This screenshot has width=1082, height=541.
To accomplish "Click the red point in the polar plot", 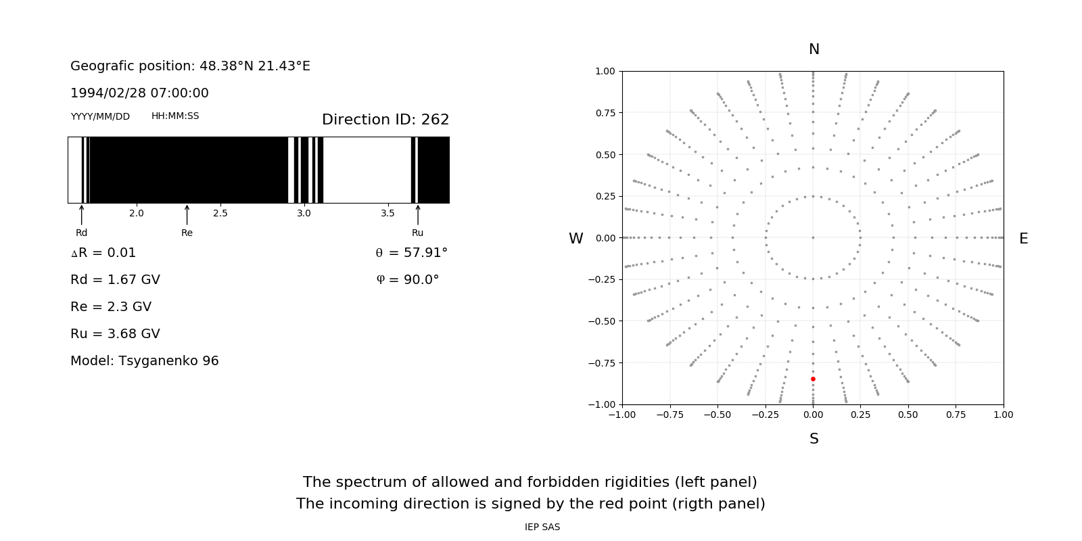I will (813, 379).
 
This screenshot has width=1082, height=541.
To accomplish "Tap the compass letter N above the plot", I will (814, 49).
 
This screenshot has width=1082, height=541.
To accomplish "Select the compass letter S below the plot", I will (814, 439).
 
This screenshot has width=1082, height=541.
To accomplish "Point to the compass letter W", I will (575, 239).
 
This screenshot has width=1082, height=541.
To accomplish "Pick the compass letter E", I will (1023, 239).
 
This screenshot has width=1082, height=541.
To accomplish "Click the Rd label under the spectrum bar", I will (81, 233).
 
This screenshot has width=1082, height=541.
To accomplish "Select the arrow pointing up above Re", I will (187, 214).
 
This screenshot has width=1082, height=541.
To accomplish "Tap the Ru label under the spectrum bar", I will (417, 233).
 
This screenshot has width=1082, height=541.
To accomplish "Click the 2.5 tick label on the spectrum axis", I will (220, 214).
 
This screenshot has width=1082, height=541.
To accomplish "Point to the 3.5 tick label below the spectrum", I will (387, 214).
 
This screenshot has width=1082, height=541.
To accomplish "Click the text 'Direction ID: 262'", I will (385, 120).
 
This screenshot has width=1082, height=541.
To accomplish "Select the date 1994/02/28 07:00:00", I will (139, 93).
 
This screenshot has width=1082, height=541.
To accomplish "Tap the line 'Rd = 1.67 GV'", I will (115, 280).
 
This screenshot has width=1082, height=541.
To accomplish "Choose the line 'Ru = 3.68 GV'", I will (115, 334).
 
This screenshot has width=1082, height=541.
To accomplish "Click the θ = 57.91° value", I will (411, 253).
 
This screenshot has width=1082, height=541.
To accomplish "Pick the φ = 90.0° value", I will (408, 280).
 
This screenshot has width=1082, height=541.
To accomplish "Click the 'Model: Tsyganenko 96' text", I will (145, 361).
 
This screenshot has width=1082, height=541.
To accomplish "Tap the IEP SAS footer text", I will (542, 527).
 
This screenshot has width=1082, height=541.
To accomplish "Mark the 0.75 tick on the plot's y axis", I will (605, 113).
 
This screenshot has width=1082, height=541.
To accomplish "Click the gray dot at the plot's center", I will (813, 237).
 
